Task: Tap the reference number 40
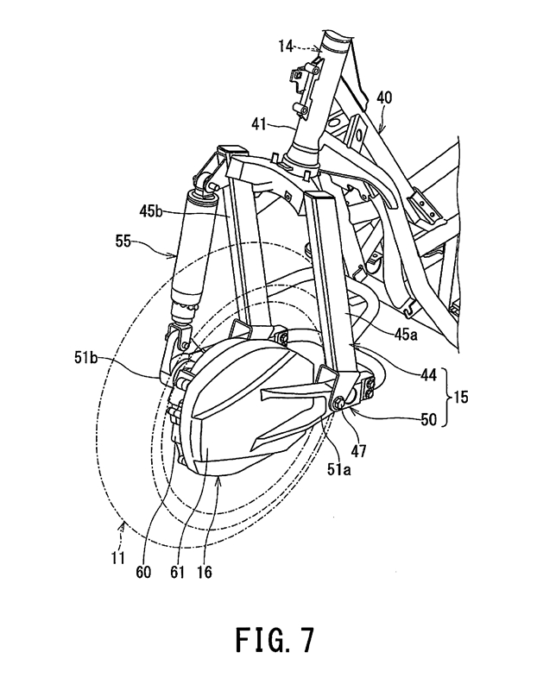[385, 100]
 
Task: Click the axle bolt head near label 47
[342, 402]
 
